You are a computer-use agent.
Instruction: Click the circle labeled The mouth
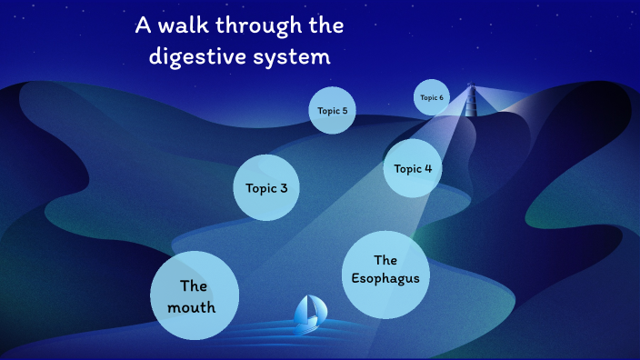(194, 295)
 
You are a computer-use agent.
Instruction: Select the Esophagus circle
(385, 275)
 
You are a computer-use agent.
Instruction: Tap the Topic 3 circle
(266, 188)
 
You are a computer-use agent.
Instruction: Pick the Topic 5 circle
(332, 110)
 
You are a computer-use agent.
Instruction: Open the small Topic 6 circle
(432, 97)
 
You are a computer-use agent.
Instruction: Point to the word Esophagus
(385, 278)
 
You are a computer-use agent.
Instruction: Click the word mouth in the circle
(192, 307)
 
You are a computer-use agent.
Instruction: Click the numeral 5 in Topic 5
(344, 110)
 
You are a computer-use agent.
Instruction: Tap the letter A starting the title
(143, 25)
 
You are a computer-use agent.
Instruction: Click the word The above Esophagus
(385, 260)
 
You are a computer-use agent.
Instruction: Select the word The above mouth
(194, 285)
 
